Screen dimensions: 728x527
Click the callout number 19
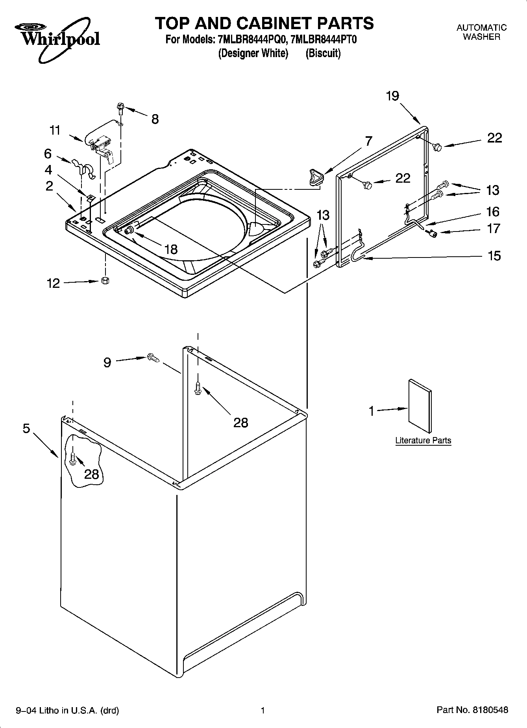click(392, 96)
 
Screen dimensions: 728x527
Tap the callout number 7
click(368, 141)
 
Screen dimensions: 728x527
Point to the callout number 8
click(155, 119)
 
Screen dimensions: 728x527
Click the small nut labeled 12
click(105, 280)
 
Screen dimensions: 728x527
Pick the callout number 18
click(171, 249)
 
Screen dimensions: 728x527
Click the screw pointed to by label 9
click(153, 358)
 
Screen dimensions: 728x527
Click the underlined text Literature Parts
click(423, 440)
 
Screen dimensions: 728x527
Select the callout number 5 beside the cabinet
click(26, 428)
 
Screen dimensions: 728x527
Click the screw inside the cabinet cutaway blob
click(73, 458)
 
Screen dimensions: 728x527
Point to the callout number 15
click(494, 256)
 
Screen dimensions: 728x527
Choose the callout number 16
click(493, 212)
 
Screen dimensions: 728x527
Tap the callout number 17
click(494, 228)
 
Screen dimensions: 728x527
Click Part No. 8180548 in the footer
click(472, 710)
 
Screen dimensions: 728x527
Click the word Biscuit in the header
click(323, 53)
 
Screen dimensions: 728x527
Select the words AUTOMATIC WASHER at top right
click(481, 32)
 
